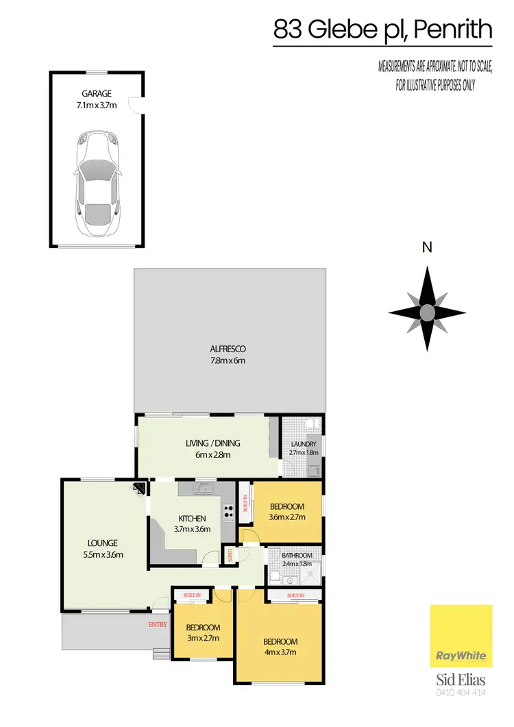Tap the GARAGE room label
(x=96, y=93)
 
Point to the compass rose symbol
(x=427, y=313)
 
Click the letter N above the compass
(x=427, y=249)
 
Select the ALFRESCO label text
(x=229, y=348)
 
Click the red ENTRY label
(x=158, y=624)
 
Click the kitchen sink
(x=203, y=489)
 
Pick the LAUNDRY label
(x=302, y=445)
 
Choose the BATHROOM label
(x=297, y=556)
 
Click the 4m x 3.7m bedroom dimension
(x=280, y=652)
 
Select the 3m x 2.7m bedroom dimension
(x=203, y=639)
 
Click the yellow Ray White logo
(x=461, y=636)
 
